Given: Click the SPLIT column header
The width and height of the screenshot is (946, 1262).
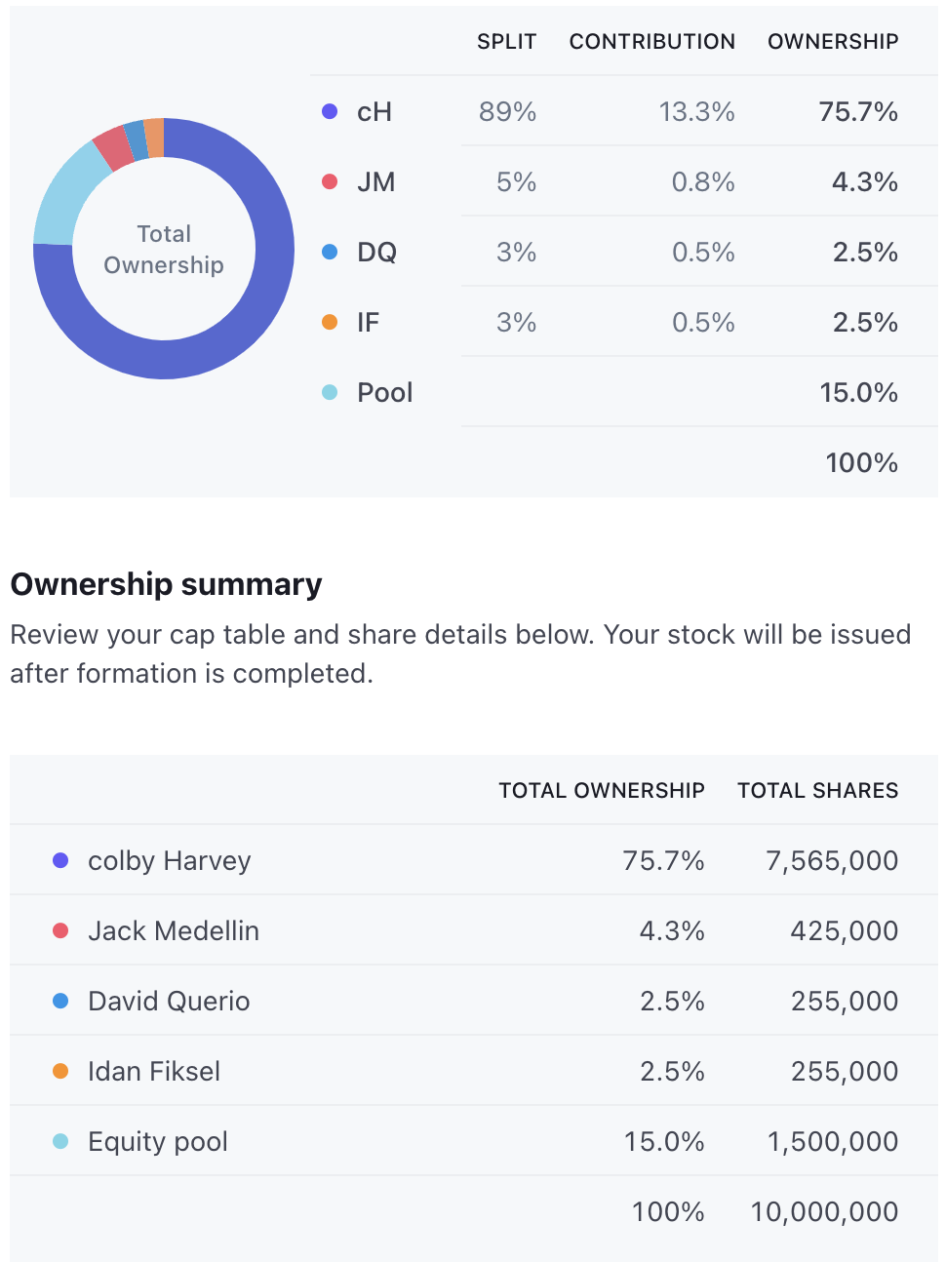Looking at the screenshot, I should point(506,42).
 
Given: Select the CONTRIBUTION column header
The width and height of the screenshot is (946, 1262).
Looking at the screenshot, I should point(651,42).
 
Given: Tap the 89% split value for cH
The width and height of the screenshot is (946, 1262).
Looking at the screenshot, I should point(507,112).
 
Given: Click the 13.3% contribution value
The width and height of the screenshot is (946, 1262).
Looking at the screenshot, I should point(696,112).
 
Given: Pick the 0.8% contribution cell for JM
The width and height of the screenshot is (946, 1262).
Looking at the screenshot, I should point(703,182).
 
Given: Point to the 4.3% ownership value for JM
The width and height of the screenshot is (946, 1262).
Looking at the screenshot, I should point(864,182).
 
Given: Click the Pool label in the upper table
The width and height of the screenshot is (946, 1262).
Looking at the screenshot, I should point(384,393).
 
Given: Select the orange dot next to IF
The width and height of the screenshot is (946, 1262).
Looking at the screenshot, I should point(330,323).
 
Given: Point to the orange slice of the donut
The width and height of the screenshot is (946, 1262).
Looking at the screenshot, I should point(154,138).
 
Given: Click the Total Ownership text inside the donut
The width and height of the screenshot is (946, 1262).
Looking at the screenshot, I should point(164,250).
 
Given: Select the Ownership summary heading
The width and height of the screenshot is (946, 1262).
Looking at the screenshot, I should point(166,584).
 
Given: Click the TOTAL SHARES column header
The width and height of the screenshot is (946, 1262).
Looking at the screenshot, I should point(817,791).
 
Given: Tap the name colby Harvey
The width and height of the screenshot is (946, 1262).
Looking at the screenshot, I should point(169,861).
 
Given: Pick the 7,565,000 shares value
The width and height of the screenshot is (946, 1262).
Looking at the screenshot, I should point(832,861).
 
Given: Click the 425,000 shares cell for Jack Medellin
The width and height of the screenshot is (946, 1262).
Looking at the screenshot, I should point(844,931).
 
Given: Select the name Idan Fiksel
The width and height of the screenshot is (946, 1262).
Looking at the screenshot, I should point(154,1072).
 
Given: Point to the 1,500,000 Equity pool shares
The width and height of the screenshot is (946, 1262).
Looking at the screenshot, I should point(832,1142).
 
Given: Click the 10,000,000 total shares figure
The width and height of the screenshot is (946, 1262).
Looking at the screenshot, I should point(824,1212).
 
